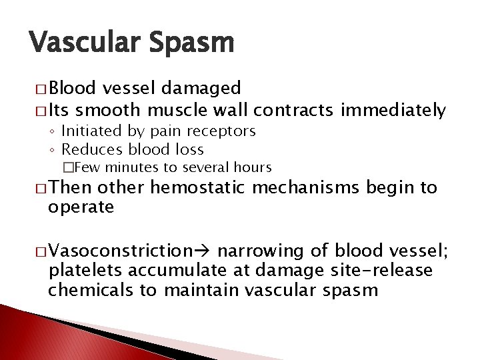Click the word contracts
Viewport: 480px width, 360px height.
pos(298,109)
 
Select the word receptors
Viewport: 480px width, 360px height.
pos(228,132)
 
